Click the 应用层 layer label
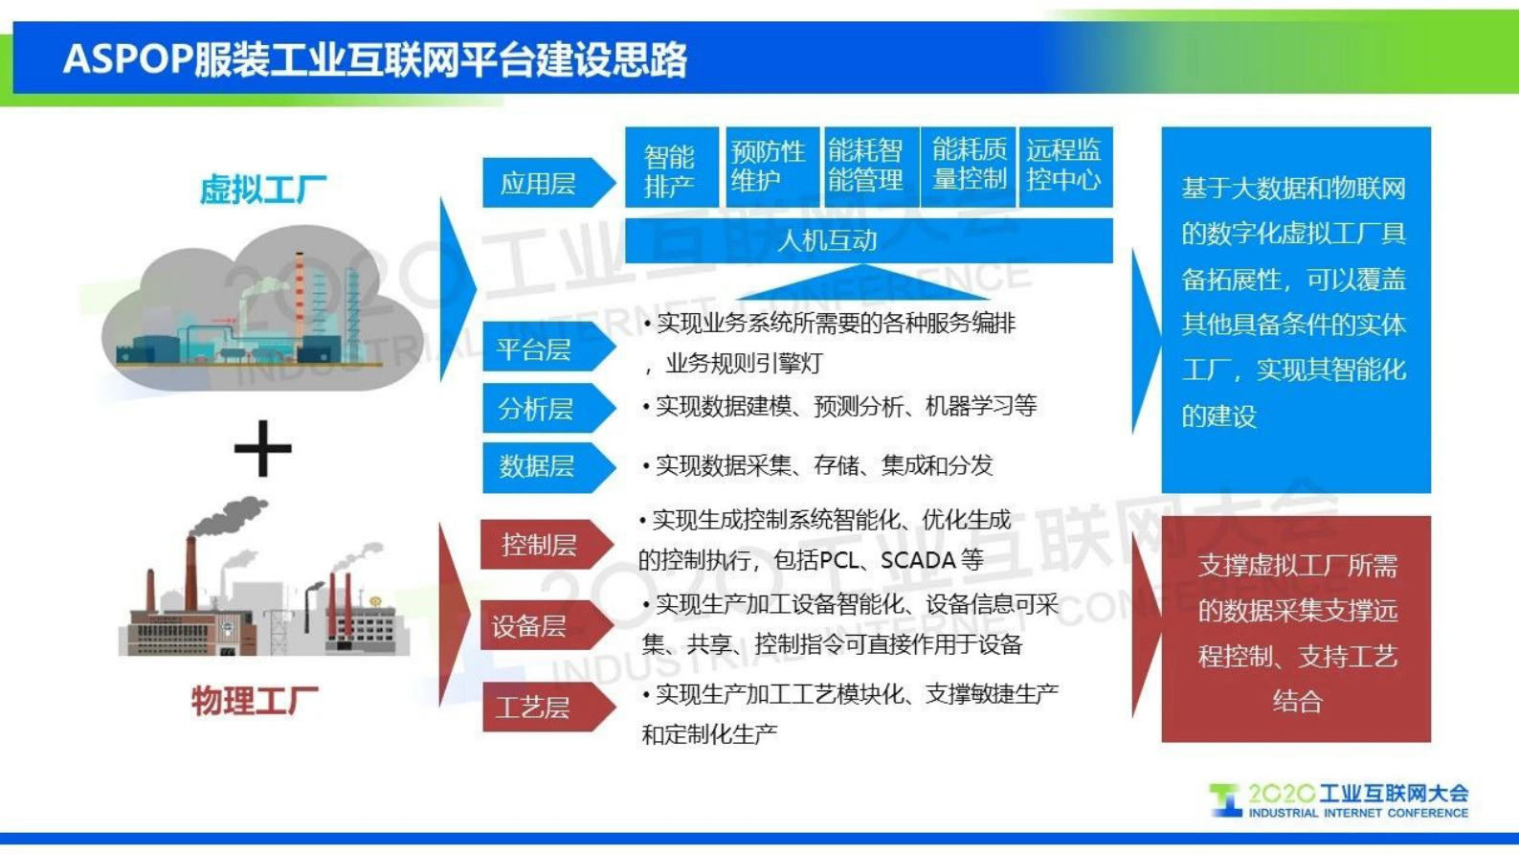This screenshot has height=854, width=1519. pos(539,183)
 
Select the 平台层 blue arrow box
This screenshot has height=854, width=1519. pos(536,349)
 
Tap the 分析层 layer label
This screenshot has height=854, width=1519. pos(537,409)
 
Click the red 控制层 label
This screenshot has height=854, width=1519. pos(539,545)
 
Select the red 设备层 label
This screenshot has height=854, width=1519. pos(532,626)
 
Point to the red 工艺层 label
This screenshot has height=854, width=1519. pos(534,708)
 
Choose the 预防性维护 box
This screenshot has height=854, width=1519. pos(770,167)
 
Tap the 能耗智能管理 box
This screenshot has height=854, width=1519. pos(867,167)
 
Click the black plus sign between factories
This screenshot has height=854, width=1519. pos(262,447)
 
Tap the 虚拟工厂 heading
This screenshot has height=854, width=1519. pos(262,190)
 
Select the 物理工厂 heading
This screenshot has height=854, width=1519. pos(255,701)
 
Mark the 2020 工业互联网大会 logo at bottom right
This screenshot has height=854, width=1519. pos(1340,799)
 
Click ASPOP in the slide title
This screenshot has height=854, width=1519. pos(127,59)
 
